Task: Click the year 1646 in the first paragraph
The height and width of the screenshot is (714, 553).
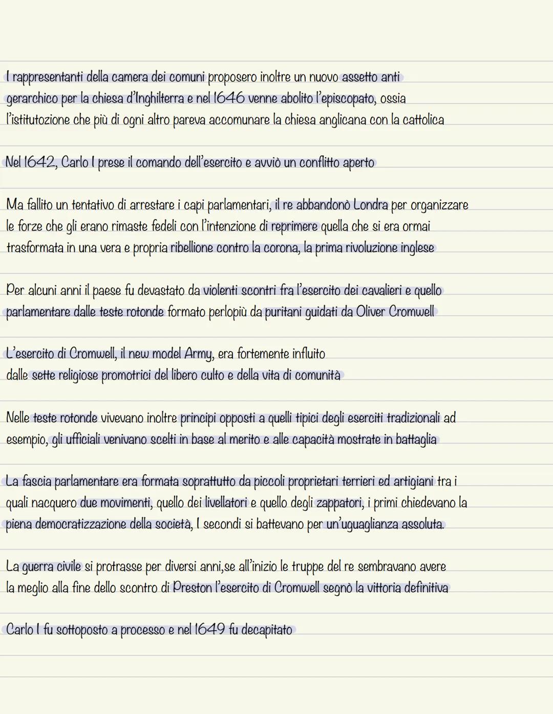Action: [228, 98]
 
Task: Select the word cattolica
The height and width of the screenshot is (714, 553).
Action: [423, 120]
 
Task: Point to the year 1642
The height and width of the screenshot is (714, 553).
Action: [39, 162]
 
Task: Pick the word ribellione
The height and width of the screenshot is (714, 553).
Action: [192, 248]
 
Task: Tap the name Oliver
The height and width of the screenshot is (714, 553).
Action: [370, 311]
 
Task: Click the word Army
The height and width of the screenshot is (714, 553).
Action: [198, 354]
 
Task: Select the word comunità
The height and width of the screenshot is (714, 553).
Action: [317, 375]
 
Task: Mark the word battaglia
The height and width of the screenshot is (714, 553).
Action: [416, 439]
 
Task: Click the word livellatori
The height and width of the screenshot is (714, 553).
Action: [226, 503]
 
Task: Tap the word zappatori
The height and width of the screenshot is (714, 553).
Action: [339, 503]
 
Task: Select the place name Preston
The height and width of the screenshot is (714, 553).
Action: [192, 588]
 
